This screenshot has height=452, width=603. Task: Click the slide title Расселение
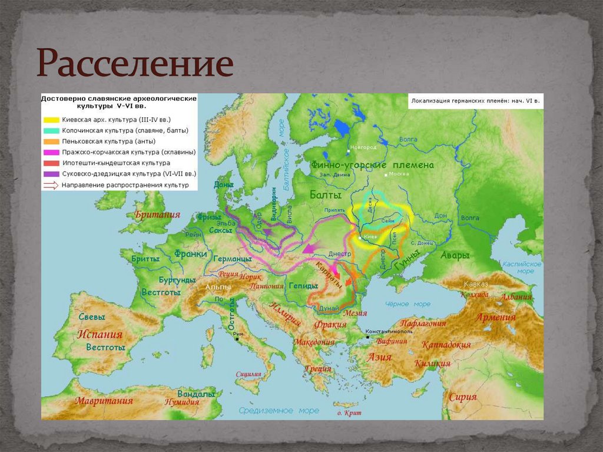pyautogui.click(x=135, y=65)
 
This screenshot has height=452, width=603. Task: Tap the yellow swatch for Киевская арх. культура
pyautogui.click(x=51, y=120)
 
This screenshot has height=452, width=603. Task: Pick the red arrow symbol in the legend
pyautogui.click(x=51, y=185)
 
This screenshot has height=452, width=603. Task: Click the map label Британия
pyautogui.click(x=157, y=215)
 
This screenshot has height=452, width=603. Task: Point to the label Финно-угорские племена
pyautogui.click(x=372, y=165)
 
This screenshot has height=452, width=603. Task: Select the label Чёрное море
pyautogui.click(x=407, y=304)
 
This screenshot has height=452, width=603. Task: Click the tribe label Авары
pyautogui.click(x=455, y=256)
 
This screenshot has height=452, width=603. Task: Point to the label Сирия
pyautogui.click(x=462, y=397)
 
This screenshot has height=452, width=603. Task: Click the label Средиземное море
pyautogui.click(x=279, y=410)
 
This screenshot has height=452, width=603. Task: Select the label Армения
pyautogui.click(x=496, y=317)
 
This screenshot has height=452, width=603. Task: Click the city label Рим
pyautogui.click(x=239, y=335)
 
